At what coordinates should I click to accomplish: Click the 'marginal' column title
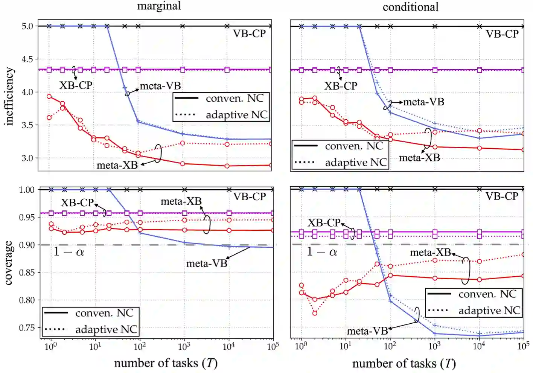click(159, 6)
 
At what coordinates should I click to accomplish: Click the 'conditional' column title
click(410, 7)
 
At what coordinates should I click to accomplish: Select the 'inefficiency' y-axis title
click(9, 96)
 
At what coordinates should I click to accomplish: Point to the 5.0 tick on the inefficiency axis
click(27, 26)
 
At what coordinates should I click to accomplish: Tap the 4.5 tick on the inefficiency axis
click(27, 59)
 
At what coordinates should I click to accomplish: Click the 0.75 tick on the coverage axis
click(27, 328)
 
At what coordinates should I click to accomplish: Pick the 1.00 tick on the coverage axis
click(27, 190)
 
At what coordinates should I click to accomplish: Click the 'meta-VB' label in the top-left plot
click(160, 86)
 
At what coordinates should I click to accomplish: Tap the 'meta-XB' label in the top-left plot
click(117, 165)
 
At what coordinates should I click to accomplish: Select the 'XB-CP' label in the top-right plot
click(341, 86)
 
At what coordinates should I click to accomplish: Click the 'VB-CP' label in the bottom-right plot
click(502, 196)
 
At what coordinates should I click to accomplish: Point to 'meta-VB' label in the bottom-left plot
click(207, 263)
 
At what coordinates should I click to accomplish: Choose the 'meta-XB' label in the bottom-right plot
click(430, 252)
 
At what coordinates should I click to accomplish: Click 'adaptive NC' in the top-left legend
click(236, 114)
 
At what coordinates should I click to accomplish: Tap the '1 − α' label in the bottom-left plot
click(69, 251)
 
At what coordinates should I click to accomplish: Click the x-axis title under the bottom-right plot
click(404, 364)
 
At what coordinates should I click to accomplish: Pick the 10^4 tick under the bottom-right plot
click(479, 346)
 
